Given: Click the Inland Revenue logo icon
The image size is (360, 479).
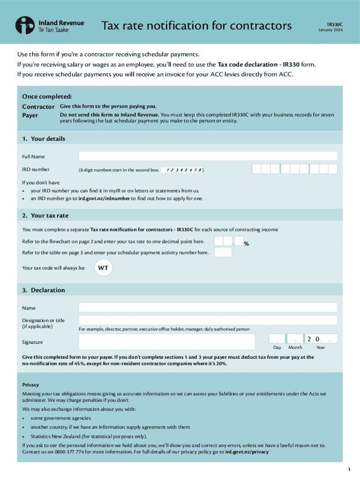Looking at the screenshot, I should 24,25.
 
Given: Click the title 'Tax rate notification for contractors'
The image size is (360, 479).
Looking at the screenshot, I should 196,25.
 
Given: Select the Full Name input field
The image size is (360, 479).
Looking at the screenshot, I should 208,156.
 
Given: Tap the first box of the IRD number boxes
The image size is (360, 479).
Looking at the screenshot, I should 256,169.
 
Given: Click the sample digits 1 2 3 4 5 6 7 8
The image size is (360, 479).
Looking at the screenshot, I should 184,170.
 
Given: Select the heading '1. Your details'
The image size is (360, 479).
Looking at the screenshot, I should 43,139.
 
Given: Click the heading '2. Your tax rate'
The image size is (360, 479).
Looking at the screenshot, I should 45,216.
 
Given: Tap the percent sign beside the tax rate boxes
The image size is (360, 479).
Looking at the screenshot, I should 246,244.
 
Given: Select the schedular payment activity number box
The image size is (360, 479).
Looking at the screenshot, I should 223,253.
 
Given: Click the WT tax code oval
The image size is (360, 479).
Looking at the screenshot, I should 103,268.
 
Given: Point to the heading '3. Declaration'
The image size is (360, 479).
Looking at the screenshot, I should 43,290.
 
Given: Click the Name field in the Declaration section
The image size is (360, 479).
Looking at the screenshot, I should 208,308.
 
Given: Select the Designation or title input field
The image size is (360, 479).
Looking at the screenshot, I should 208,320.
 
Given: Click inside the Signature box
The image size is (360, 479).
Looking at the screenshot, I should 167,341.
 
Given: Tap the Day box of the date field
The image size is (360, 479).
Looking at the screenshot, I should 277,339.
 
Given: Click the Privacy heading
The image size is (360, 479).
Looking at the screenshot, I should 30,385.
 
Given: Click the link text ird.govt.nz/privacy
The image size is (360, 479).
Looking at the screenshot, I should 247,452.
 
